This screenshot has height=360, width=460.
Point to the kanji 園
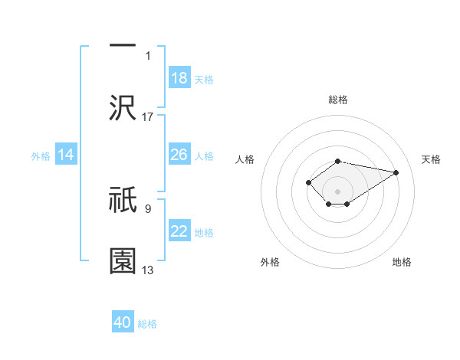coord(123,260)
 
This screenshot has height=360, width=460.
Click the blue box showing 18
coord(179,78)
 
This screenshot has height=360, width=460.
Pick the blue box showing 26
coord(179,155)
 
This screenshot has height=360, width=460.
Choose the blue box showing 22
coord(179,231)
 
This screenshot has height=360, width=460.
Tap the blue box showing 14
coord(66,155)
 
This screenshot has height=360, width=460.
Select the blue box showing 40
coord(123,322)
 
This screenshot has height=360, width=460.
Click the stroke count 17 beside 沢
coord(148,116)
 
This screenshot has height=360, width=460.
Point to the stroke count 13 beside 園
coord(148,270)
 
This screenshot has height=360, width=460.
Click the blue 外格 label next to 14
coord(41,156)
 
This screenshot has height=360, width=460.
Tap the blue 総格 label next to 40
coord(147,324)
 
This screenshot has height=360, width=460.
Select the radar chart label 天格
coord(431,159)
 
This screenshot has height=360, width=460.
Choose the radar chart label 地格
coord(402,262)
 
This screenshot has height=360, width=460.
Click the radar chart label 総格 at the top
coord(338,100)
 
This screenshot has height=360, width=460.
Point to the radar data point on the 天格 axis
coord(396,172)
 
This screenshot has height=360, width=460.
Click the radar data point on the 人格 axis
coord(308,182)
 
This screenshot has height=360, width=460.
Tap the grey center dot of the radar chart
coord(338,191)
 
